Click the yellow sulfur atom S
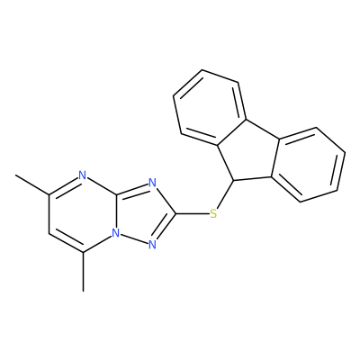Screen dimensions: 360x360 [x=213, y=213]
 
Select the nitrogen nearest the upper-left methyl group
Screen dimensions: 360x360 [x=83, y=175]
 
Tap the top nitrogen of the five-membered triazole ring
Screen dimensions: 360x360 [x=153, y=183]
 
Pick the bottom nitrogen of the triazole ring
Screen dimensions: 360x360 [x=153, y=245]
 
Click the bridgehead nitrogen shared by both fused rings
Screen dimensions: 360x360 [x=116, y=233]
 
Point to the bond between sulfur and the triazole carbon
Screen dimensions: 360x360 [x=193, y=214]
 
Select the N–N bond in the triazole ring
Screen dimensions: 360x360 [x=134, y=239]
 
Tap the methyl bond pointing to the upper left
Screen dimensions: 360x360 [x=32, y=184]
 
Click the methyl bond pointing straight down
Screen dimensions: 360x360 [x=84, y=272]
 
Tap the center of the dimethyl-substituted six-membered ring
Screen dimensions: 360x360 [x=83, y=213]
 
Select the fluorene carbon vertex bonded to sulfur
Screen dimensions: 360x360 [x=233, y=181]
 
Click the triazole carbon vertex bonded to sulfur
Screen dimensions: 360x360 [x=176, y=214]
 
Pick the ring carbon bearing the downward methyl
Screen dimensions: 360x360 [x=84, y=252]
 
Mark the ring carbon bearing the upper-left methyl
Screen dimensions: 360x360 [x=49, y=194]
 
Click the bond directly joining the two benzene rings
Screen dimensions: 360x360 [x=263, y=130]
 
